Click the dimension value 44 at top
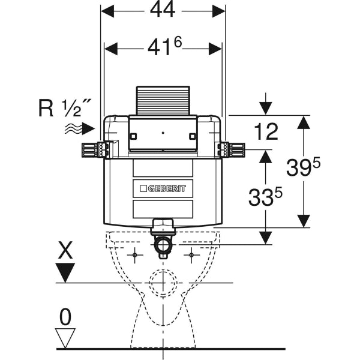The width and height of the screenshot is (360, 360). pyautogui.click(x=163, y=11)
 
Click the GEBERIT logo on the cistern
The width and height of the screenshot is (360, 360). pyautogui.click(x=163, y=188)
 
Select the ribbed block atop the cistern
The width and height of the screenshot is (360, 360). pyautogui.click(x=163, y=100)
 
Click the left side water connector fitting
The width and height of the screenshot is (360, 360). pyautogui.click(x=93, y=150)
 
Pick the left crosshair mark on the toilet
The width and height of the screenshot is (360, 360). pyautogui.click(x=136, y=256)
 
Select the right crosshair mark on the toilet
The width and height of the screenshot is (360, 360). pyautogui.click(x=191, y=256)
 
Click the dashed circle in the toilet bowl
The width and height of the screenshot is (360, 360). pyautogui.click(x=163, y=282)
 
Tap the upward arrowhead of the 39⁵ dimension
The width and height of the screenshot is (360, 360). pyautogui.click(x=304, y=123)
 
